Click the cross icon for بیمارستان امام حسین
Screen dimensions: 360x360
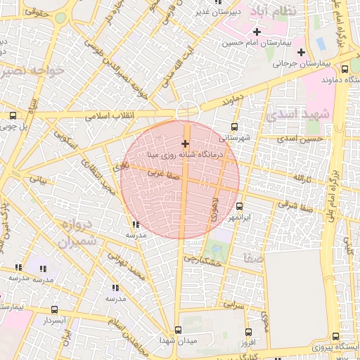pos(257,32)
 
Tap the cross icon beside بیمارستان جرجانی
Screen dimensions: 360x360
pos(301,52)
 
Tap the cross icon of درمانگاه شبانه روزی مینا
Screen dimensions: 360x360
pos(186,143)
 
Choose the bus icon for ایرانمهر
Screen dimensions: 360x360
pos(240,207)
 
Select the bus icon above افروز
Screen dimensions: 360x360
pos(247,332)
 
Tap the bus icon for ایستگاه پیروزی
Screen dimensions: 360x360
pos(335,336)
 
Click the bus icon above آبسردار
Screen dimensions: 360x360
pos(55,309)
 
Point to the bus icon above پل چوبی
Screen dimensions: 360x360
pos(13,116)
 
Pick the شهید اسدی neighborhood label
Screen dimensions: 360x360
pos(293,114)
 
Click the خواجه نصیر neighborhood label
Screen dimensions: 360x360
pos(33,70)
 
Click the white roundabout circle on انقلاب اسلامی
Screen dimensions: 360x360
pos(187,111)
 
